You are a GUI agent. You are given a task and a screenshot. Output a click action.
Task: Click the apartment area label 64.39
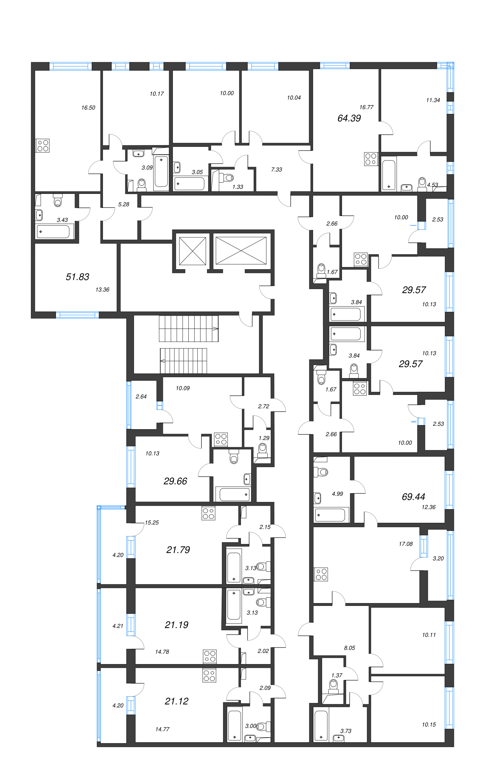click(349, 118)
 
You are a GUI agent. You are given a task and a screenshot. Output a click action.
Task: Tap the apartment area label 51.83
click(77, 277)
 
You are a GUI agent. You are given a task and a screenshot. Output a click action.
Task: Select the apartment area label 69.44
click(413, 497)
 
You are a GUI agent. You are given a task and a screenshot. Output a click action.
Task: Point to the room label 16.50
click(88, 108)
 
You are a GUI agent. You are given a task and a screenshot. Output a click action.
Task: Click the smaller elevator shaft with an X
click(192, 251)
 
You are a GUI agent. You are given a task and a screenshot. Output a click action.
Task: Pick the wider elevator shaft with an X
click(241, 251)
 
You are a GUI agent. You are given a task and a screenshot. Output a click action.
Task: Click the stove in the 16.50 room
click(43, 145)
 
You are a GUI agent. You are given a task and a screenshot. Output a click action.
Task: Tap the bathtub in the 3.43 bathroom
click(53, 232)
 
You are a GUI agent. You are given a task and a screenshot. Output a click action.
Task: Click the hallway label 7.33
click(276, 170)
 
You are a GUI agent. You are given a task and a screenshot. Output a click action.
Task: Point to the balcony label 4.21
click(118, 626)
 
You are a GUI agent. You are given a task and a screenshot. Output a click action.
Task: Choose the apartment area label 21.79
click(178, 550)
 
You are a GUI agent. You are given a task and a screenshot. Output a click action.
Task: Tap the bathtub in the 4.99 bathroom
click(330, 515)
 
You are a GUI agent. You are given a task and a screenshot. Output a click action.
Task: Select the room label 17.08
click(405, 544)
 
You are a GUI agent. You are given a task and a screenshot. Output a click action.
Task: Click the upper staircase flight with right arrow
click(189, 329)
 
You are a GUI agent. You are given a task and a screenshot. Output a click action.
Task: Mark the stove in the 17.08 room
click(321, 574)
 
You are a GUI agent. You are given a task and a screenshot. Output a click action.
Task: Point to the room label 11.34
click(433, 100)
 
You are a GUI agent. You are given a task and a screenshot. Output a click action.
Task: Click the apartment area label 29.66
click(175, 481)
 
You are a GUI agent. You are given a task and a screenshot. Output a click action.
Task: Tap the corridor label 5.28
click(123, 204)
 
